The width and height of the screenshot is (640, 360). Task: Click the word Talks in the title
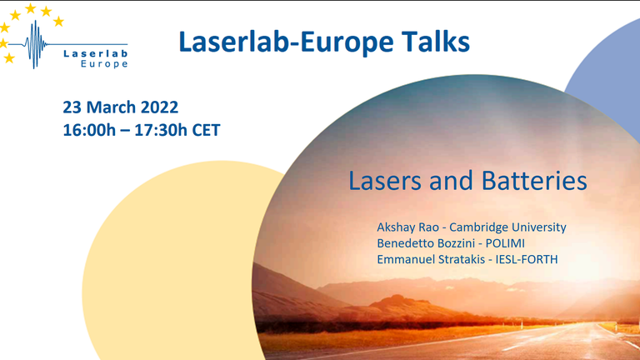[x=436, y=42]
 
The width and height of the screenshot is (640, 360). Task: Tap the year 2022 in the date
[x=160, y=107]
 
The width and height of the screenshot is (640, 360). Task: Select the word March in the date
[x=111, y=107]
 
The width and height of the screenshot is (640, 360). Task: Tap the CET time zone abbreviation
[x=206, y=130]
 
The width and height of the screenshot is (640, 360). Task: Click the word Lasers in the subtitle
[x=384, y=181]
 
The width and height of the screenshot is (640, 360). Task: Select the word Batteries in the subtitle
[x=534, y=181]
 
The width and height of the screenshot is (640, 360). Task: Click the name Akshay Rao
[x=407, y=227]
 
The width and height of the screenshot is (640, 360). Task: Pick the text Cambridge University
[x=507, y=227]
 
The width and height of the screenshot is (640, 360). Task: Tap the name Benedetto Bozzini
[x=426, y=243]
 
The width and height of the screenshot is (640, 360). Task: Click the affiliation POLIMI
[x=505, y=243]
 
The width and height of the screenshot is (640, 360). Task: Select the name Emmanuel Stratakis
[x=431, y=259]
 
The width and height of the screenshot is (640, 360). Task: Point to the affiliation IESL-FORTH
[x=527, y=259]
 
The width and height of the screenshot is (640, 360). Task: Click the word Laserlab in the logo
[x=96, y=53]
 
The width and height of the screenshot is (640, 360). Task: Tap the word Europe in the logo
[x=104, y=64]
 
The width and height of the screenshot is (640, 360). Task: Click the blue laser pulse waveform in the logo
[x=36, y=44]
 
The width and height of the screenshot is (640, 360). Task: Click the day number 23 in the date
[x=72, y=107]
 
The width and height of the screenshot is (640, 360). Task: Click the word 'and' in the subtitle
[x=451, y=181]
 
